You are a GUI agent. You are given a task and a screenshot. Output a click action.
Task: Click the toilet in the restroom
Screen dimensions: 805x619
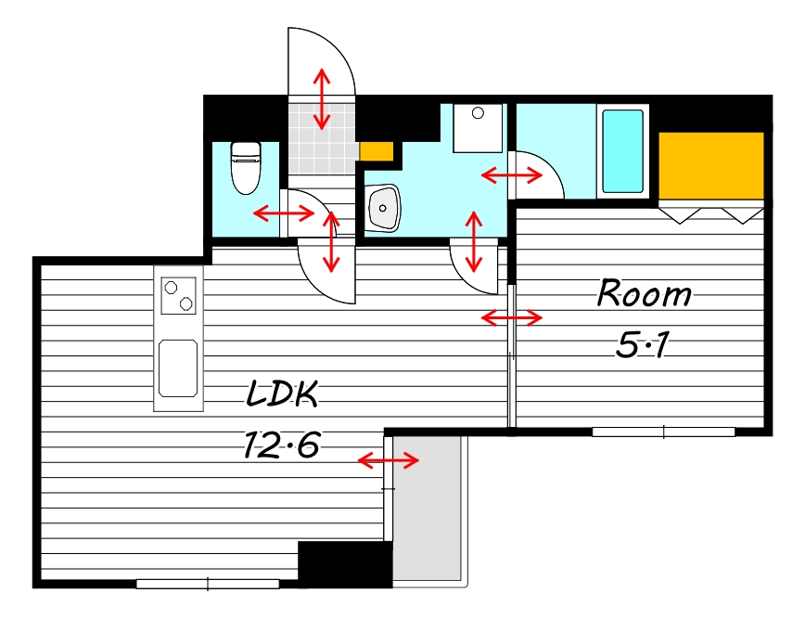[246, 168]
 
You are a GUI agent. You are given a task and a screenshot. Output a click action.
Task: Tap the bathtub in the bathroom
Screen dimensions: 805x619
[622, 151]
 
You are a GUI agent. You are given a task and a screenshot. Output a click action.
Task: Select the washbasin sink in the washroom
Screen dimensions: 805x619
[384, 208]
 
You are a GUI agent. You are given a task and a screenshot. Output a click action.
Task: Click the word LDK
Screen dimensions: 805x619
[282, 394]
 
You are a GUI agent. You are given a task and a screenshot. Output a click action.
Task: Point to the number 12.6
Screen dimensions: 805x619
[282, 445]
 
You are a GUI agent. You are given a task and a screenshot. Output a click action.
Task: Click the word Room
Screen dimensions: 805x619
[644, 293]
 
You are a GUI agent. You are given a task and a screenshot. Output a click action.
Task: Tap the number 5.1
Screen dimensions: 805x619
[643, 344]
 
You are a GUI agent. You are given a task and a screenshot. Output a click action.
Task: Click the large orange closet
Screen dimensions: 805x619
[711, 165]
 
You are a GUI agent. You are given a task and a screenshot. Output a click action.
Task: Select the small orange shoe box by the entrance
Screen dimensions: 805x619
[377, 151]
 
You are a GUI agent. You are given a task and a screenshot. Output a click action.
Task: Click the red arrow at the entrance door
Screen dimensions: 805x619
[322, 99]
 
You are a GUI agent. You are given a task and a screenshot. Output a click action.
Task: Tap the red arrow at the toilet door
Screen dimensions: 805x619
[284, 213]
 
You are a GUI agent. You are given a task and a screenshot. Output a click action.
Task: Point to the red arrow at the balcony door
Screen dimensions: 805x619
[388, 459]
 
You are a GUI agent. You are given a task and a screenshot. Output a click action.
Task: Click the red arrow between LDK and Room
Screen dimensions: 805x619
[512, 318]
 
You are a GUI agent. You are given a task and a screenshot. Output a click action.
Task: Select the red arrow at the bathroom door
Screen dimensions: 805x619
[512, 175]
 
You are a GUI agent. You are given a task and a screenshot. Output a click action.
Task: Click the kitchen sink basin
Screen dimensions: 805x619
[178, 368]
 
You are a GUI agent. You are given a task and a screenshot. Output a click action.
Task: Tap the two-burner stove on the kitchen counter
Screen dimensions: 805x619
[179, 295]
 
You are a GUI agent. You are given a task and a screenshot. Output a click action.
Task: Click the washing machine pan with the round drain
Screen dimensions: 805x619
[478, 128]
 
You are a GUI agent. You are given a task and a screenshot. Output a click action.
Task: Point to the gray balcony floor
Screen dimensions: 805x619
[428, 509]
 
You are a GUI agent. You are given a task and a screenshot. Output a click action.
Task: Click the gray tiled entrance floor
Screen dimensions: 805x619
[322, 138]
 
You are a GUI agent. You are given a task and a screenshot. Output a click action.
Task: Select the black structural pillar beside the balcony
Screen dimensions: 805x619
[346, 564]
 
